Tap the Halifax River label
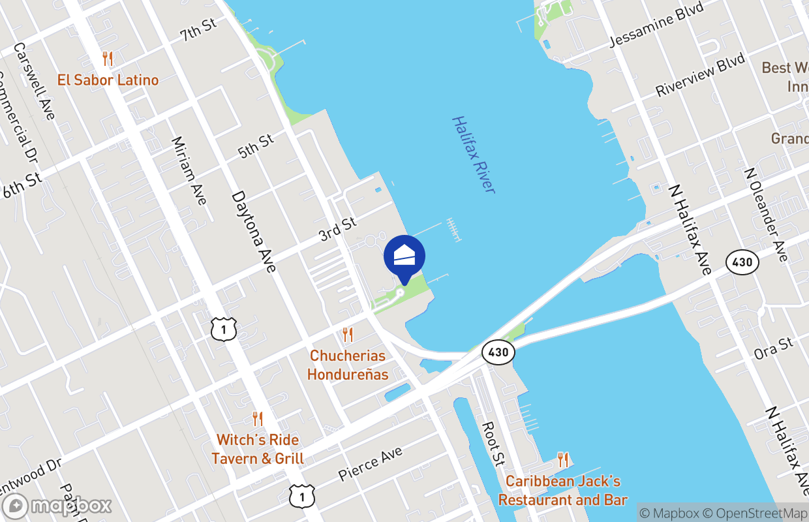[x=474, y=155]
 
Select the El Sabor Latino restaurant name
[x=108, y=80]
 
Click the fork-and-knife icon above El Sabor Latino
[x=108, y=59]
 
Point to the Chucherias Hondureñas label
[x=348, y=365]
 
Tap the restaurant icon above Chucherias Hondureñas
[x=348, y=335]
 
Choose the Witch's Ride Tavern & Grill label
[x=258, y=450]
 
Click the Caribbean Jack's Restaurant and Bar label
[x=563, y=491]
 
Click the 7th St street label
[x=198, y=29]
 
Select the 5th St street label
[x=256, y=146]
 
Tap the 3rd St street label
[x=338, y=230]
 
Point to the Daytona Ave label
[x=254, y=231]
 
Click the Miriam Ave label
[x=189, y=170]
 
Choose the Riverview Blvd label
[x=700, y=75]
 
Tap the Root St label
[x=493, y=444]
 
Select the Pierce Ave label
[x=370, y=464]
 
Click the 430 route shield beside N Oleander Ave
[x=742, y=263]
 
